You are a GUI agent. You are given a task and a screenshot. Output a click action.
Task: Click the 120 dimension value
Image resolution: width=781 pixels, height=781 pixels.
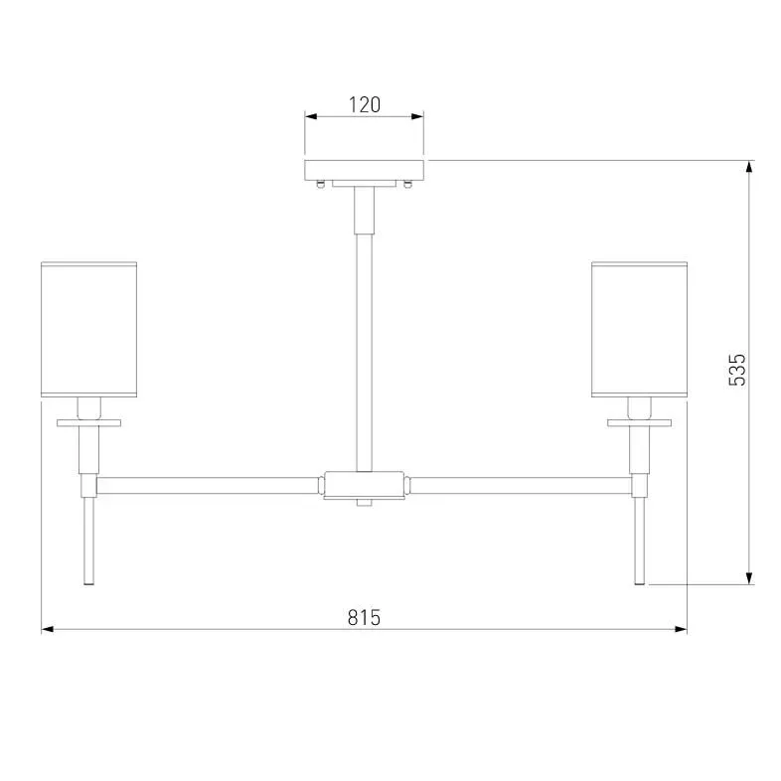click(364, 104)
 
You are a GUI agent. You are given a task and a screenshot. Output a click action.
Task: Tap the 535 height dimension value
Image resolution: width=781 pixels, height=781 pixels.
click(737, 370)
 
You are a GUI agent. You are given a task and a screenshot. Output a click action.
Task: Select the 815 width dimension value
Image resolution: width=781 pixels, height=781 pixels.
click(364, 618)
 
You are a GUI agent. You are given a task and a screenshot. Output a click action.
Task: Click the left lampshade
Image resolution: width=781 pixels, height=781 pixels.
click(88, 329)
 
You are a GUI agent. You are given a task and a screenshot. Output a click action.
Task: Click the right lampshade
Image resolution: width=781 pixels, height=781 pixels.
click(640, 329)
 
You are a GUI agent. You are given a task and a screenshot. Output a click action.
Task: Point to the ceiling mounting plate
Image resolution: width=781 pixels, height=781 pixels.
click(364, 170)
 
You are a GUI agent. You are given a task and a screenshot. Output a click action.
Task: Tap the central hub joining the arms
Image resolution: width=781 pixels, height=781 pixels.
click(364, 485)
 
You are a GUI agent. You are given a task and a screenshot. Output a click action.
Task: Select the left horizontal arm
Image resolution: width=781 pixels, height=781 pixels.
click(208, 486)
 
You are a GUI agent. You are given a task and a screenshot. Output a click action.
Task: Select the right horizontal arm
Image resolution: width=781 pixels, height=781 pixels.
click(521, 486)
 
